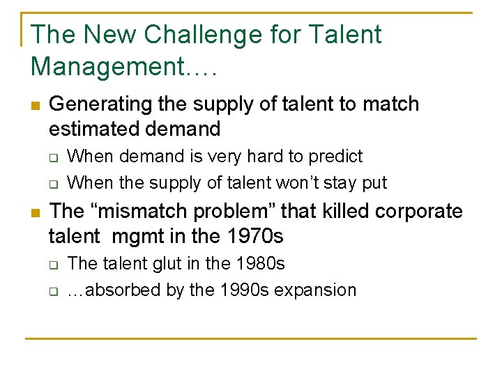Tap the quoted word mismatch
[152, 211]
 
